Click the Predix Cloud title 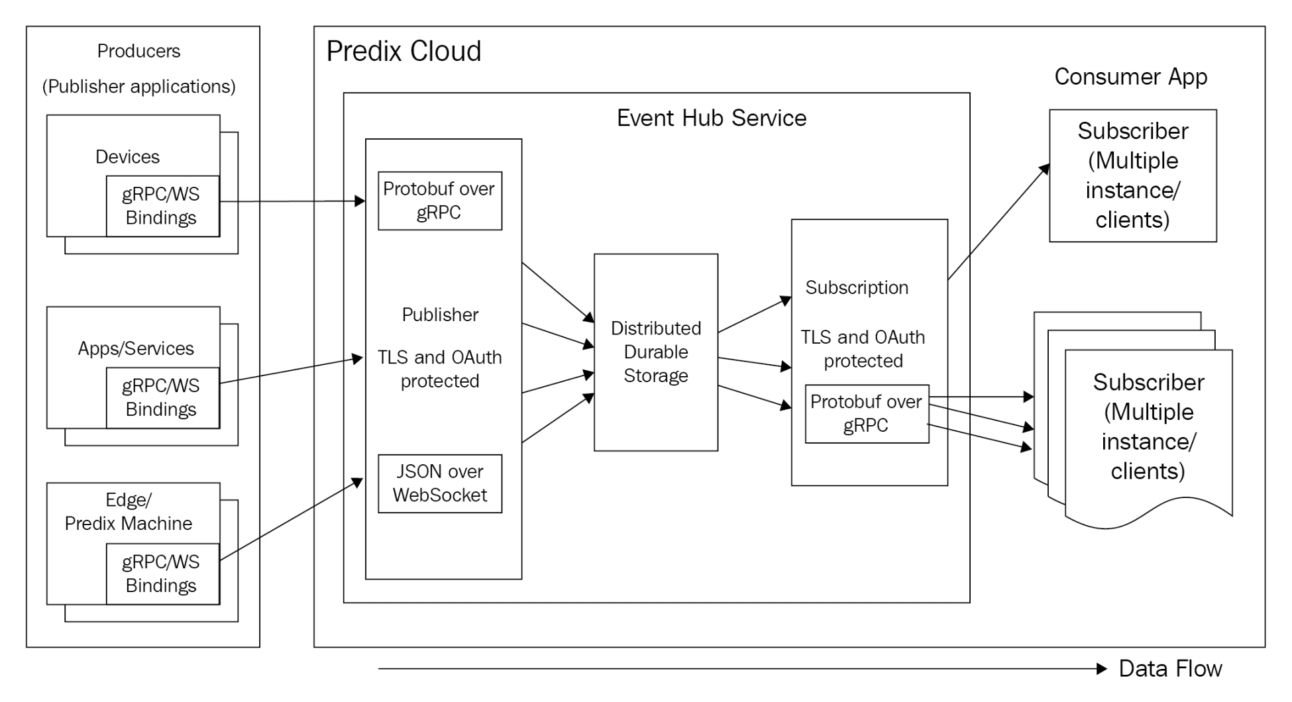click(x=404, y=51)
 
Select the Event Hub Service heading click(x=711, y=118)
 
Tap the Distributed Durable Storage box click(x=655, y=352)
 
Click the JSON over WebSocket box click(x=439, y=483)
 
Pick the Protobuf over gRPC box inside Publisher click(x=439, y=201)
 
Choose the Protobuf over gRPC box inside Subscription click(x=866, y=414)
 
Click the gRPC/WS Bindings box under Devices click(x=162, y=206)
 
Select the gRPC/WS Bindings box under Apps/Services click(x=162, y=397)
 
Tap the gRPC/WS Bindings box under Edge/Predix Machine click(x=162, y=574)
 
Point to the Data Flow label click(x=1169, y=669)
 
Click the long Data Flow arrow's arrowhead click(x=1102, y=669)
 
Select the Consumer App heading click(x=1130, y=77)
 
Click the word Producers click(x=138, y=51)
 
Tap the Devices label click(x=127, y=157)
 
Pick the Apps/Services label click(x=136, y=348)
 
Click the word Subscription click(x=857, y=287)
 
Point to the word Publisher click(x=440, y=315)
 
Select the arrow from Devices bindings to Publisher click(x=292, y=201)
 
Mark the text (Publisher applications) click(x=138, y=87)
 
